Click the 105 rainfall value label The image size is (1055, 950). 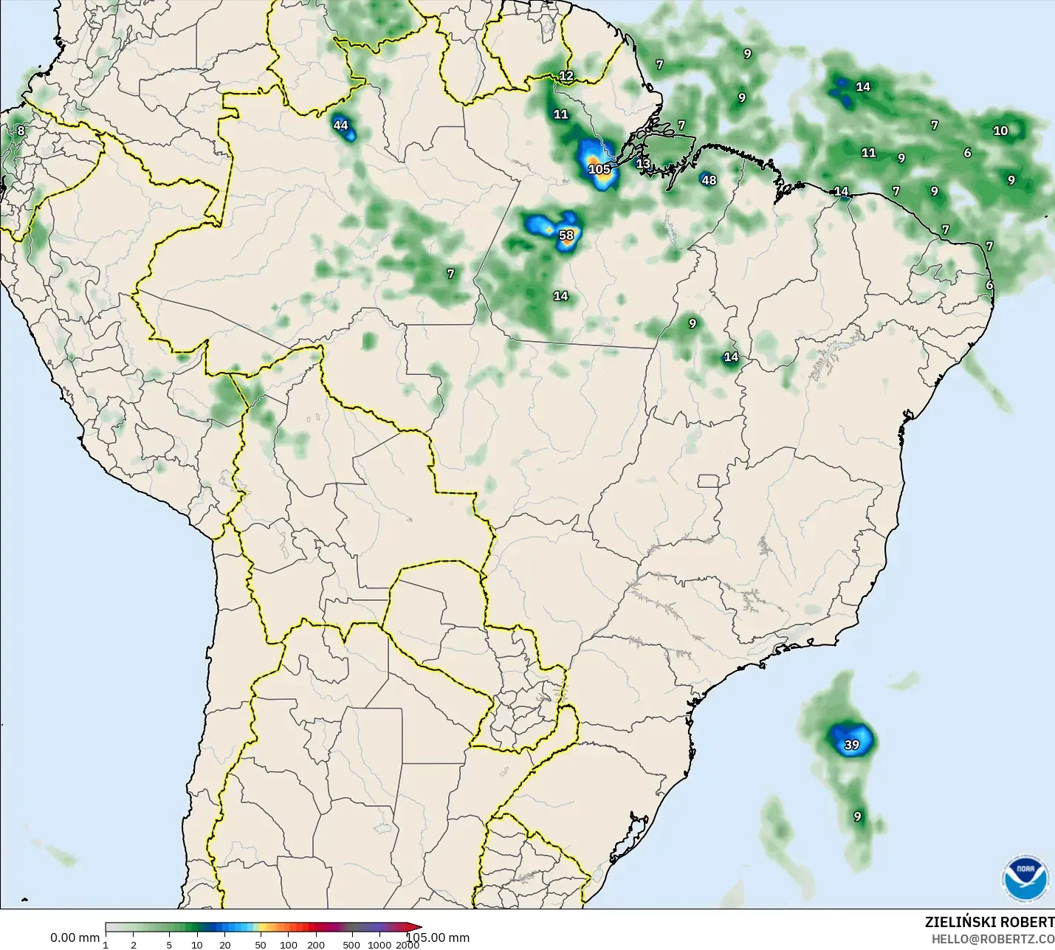tap(599, 169)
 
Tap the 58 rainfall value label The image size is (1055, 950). tap(566, 235)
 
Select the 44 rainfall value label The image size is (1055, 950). tap(340, 125)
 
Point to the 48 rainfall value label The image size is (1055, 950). tap(709, 179)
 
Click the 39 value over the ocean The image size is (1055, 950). tap(852, 745)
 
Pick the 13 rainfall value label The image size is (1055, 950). tap(643, 163)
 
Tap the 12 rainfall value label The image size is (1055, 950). tap(566, 75)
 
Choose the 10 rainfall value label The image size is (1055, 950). tap(1000, 131)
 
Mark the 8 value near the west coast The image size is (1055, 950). tap(21, 131)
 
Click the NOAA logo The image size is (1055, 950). tap(1025, 878)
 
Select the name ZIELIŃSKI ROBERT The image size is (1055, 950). tap(989, 923)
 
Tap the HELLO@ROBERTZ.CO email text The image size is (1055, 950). tap(992, 939)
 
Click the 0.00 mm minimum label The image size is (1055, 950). tap(75, 938)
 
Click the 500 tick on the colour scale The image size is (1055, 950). tap(351, 945)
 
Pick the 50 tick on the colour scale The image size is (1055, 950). tap(261, 945)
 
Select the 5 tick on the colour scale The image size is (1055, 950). tap(169, 945)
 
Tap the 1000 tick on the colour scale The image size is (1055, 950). tap(379, 945)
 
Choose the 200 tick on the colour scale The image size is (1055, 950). tap(316, 945)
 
